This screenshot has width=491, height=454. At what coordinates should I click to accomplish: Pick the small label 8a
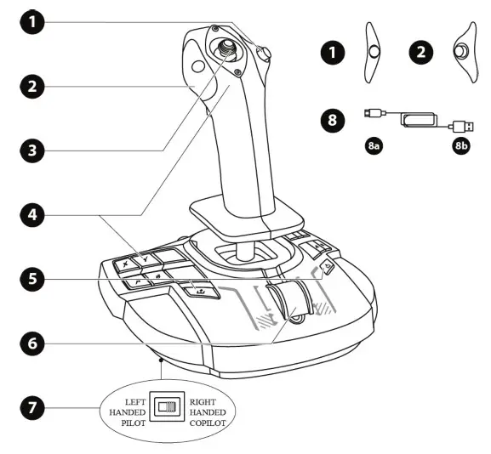(373, 147)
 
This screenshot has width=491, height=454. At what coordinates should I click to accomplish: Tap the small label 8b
(460, 147)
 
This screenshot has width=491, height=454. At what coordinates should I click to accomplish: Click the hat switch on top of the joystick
(229, 50)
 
